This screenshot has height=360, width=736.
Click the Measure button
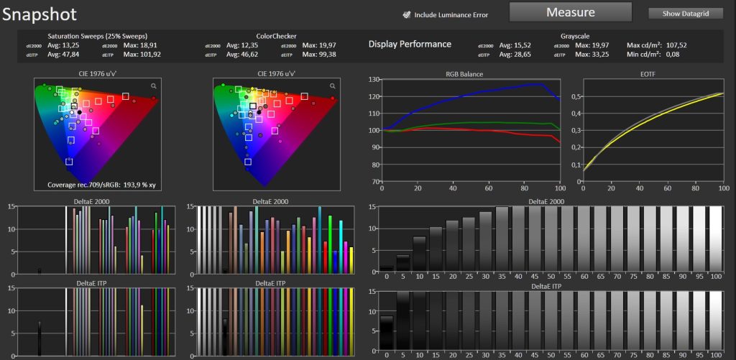[570, 12]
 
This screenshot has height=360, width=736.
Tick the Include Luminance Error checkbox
[407, 14]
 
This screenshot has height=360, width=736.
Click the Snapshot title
[39, 14]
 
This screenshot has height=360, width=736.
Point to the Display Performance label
[410, 44]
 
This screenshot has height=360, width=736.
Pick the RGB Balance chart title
[464, 74]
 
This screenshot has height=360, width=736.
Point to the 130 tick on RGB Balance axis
[374, 79]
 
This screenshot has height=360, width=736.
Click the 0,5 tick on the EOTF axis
[576, 96]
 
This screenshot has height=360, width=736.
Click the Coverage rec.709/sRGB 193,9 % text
[101, 185]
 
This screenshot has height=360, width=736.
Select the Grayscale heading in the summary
[575, 36]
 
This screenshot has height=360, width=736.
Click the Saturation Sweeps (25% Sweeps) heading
[98, 36]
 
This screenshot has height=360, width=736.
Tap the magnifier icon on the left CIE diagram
[154, 86]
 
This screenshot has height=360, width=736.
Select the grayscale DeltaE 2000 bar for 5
[403, 263]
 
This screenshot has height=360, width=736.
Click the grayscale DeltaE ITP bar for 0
[387, 333]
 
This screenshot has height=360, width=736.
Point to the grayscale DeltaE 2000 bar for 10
[420, 254]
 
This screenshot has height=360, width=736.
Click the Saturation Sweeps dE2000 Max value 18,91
[147, 45]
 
